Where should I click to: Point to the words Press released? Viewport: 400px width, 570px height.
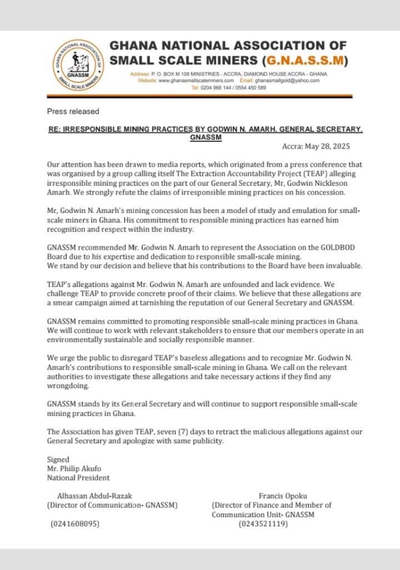click(73, 111)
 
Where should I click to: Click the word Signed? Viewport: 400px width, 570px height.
click(58, 460)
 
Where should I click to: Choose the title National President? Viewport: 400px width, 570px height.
click(78, 478)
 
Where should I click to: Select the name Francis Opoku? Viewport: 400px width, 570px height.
click(283, 496)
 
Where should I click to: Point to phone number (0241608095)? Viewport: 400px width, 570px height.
click(74, 524)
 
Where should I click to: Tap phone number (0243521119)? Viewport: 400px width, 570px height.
click(263, 524)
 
